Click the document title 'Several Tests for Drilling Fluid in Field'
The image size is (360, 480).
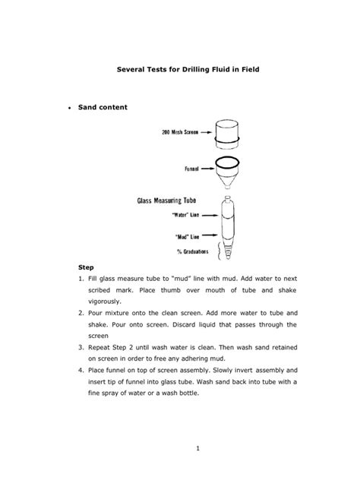coord(181,69)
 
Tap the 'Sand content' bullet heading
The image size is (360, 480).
coord(103,108)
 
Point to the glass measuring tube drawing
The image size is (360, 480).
coord(229,228)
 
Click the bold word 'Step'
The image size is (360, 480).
coord(87,269)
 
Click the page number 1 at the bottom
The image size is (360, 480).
coord(196,448)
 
